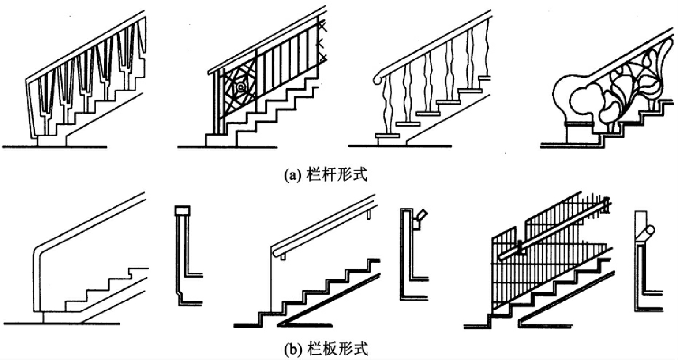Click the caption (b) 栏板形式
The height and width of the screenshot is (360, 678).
(x=327, y=350)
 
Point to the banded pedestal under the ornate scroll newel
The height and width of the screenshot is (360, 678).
(x=579, y=124)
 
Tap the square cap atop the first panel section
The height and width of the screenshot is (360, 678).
(x=182, y=210)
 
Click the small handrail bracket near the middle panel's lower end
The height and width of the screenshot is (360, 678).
(x=283, y=257)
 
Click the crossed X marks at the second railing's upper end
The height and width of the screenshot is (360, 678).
(x=323, y=43)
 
